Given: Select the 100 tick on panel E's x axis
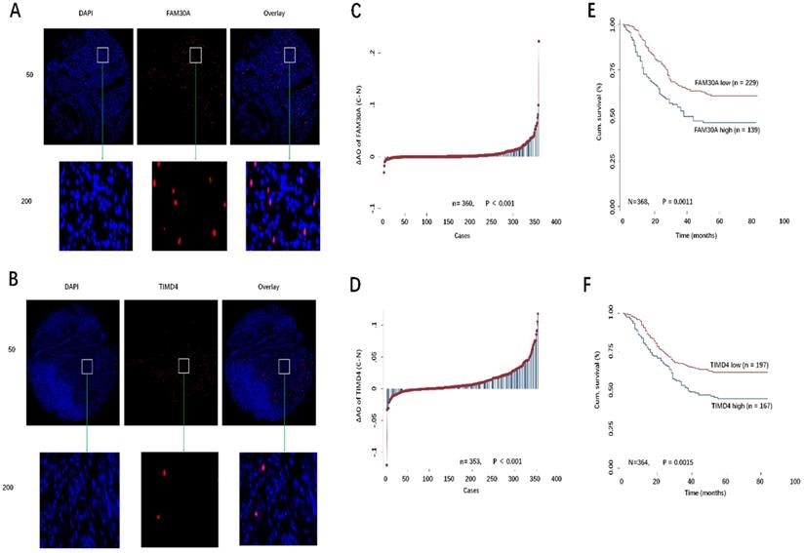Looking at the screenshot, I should click(x=783, y=222).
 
